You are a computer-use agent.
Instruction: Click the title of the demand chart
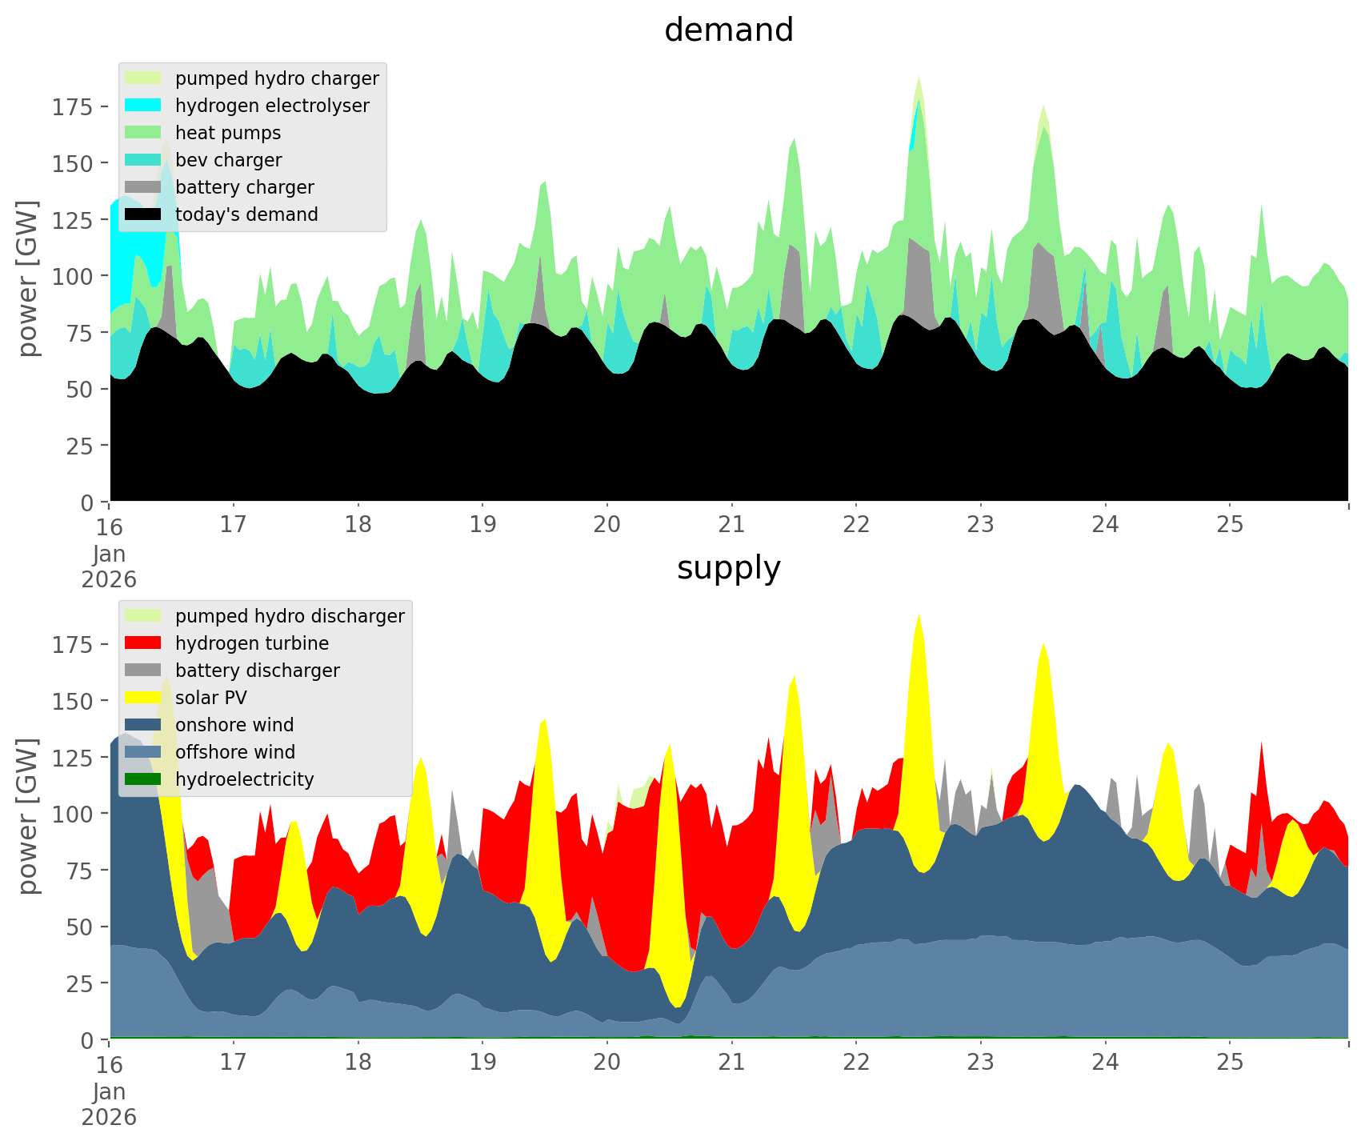coord(728,30)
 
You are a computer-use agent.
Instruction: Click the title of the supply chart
coord(728,568)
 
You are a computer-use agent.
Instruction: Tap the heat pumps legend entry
coord(228,133)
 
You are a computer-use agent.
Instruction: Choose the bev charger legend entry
coord(228,160)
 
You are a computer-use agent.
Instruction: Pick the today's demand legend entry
coord(246,214)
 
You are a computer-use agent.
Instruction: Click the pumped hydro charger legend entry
coord(277,78)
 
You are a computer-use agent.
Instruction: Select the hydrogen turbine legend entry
coord(252,643)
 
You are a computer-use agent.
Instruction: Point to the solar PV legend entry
coord(210,698)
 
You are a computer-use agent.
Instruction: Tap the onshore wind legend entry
coord(234,725)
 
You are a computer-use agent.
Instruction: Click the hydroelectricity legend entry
coord(244,779)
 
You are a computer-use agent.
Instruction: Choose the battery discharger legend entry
coord(257,671)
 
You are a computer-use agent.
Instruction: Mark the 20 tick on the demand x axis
coord(607,525)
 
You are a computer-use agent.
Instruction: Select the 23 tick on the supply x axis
coord(981,1063)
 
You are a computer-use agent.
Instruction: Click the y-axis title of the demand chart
coord(28,278)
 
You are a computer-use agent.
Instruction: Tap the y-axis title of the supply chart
coord(28,815)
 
